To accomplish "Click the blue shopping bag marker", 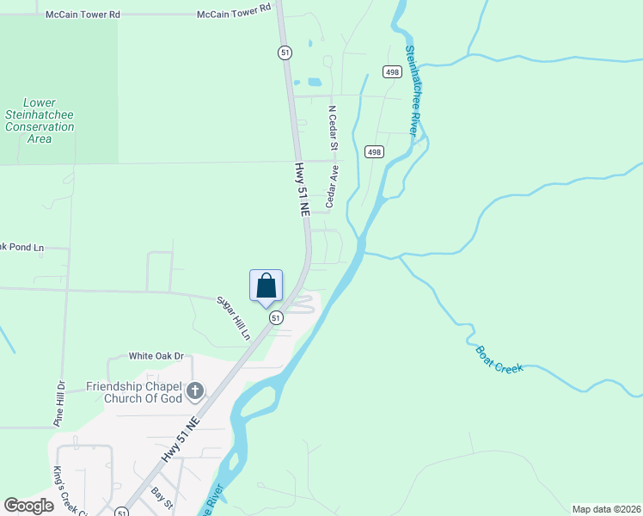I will pos(266,286).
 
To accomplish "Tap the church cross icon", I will pos(195,392).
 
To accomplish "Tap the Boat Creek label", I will pos(499,359).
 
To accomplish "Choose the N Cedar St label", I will pos(332,126).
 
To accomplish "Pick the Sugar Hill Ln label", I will pos(234,317).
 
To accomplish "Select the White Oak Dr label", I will pos(156,356).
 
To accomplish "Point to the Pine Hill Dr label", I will pos(59,404).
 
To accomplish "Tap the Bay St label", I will pos(162,497).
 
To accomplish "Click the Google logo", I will pos(28,506).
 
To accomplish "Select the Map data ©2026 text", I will pos(606,509).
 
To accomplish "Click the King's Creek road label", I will pos(61,488).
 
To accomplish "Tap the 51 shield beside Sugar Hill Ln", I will pos(275,318).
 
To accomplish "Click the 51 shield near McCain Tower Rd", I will pos(285,52).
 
